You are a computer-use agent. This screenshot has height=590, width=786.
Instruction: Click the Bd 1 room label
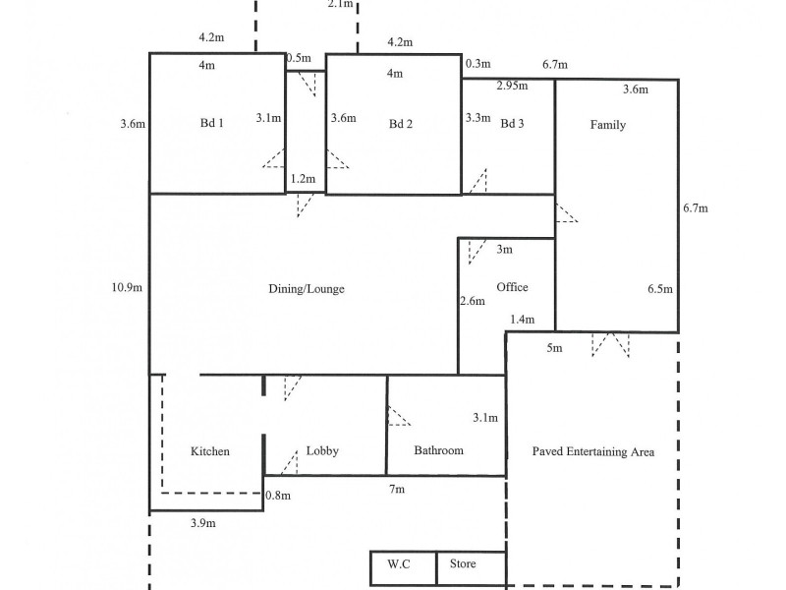(x=211, y=123)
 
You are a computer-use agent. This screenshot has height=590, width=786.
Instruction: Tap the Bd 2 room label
(x=401, y=124)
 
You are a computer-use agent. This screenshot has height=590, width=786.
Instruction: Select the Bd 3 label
(x=512, y=124)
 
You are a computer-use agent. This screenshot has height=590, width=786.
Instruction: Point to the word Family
(x=607, y=125)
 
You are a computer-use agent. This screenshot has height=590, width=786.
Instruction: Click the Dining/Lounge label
(x=307, y=289)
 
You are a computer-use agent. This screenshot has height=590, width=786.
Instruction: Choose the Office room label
(x=512, y=287)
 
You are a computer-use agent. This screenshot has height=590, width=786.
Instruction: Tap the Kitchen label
(x=210, y=451)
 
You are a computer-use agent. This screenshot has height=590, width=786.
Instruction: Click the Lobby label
(x=322, y=450)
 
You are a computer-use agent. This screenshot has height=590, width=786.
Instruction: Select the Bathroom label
(x=438, y=450)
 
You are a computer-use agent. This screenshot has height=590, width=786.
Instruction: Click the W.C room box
(x=403, y=568)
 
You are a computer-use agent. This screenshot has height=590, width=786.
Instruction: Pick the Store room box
(x=472, y=568)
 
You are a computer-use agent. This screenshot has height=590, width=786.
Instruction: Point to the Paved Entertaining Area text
(x=593, y=451)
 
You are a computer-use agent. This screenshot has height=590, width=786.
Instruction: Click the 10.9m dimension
(x=127, y=287)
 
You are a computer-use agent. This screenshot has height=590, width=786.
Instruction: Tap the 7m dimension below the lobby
(x=397, y=489)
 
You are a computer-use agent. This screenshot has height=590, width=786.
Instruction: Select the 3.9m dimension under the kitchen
(x=203, y=523)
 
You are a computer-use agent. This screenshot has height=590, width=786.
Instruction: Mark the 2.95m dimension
(x=512, y=86)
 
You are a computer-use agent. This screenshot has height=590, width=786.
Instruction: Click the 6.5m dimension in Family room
(x=660, y=289)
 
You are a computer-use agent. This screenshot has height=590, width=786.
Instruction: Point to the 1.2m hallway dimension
(x=303, y=179)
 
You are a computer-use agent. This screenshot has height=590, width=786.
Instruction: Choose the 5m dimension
(x=554, y=348)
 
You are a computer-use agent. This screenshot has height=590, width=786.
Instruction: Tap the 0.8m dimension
(x=278, y=496)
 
